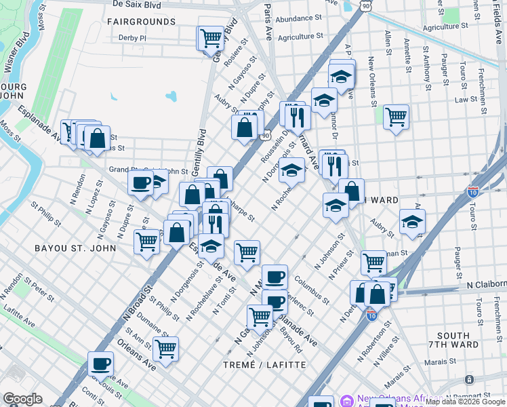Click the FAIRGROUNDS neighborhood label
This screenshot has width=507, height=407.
(141, 22)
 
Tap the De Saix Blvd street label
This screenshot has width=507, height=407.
(136, 4)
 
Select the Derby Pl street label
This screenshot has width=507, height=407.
(133, 38)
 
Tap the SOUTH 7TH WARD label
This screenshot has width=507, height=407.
(453, 341)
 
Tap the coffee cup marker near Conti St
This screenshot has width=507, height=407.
(101, 363)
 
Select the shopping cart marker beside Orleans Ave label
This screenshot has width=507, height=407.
(166, 348)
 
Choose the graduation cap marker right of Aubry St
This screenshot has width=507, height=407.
(412, 220)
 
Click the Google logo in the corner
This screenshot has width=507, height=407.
(22, 399)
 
